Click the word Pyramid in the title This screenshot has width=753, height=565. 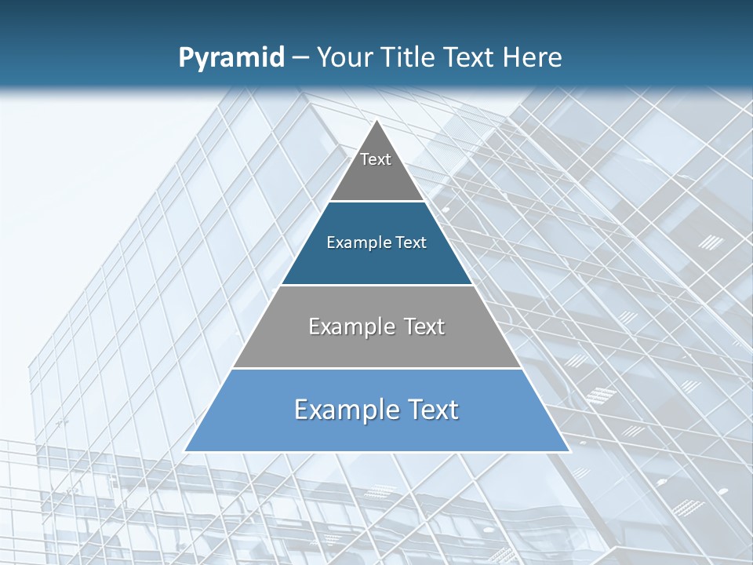tap(231, 58)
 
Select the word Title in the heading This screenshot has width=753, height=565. tap(408, 57)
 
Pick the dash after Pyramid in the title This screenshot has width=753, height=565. tap(300, 58)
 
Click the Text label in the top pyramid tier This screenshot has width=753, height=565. tap(376, 159)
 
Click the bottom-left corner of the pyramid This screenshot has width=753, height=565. tap(186, 450)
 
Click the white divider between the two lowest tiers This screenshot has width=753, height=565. tap(377, 368)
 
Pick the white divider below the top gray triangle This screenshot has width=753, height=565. tap(377, 202)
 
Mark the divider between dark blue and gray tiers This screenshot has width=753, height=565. tap(377, 285)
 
